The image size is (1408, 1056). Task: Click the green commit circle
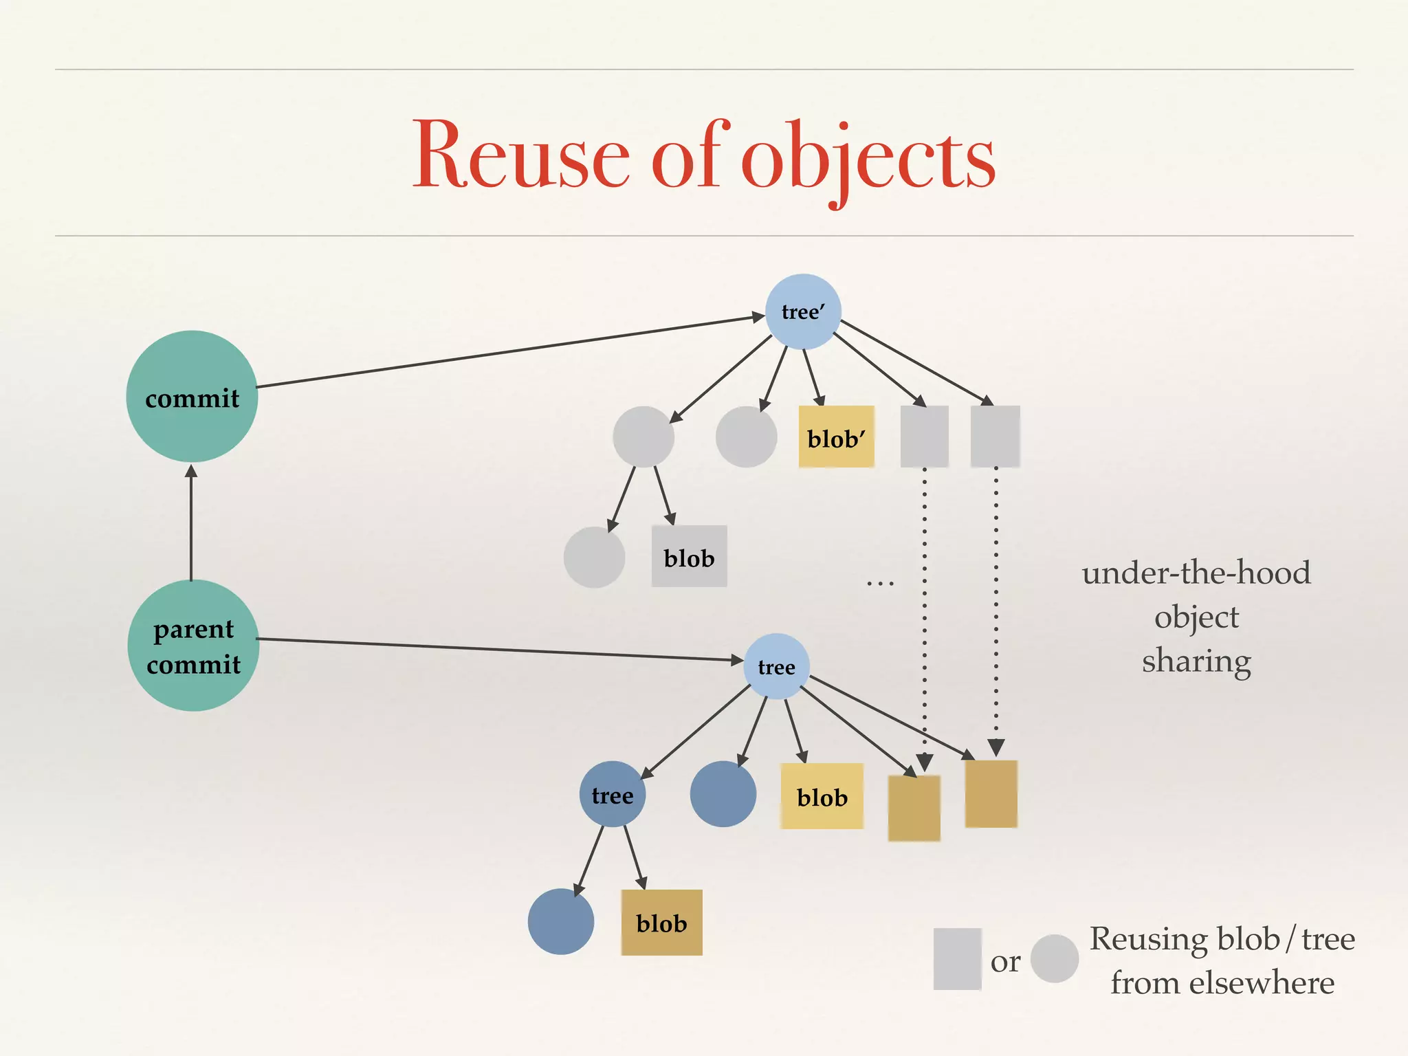tap(192, 397)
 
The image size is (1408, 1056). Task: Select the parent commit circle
tap(193, 646)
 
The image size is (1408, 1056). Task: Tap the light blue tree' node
tap(803, 312)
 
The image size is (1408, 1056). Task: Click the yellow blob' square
tap(836, 437)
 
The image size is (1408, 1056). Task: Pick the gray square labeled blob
tap(689, 557)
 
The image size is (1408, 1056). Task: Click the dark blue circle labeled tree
tap(612, 795)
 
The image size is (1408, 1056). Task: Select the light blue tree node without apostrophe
tap(776, 667)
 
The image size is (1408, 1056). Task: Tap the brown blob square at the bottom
tap(661, 923)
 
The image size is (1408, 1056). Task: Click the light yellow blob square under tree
tap(822, 796)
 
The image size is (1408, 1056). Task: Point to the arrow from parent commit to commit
tap(191, 522)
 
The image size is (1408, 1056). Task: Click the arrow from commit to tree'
tap(509, 352)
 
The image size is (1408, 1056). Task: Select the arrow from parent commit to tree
tap(502, 650)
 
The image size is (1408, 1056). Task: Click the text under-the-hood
tap(1196, 573)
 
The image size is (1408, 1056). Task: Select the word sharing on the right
tap(1196, 661)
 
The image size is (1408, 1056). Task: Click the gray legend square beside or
tap(957, 958)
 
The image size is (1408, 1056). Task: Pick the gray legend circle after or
tap(1054, 958)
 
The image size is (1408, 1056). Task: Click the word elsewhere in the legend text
tap(1262, 982)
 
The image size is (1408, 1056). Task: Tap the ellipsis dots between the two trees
tap(880, 584)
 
